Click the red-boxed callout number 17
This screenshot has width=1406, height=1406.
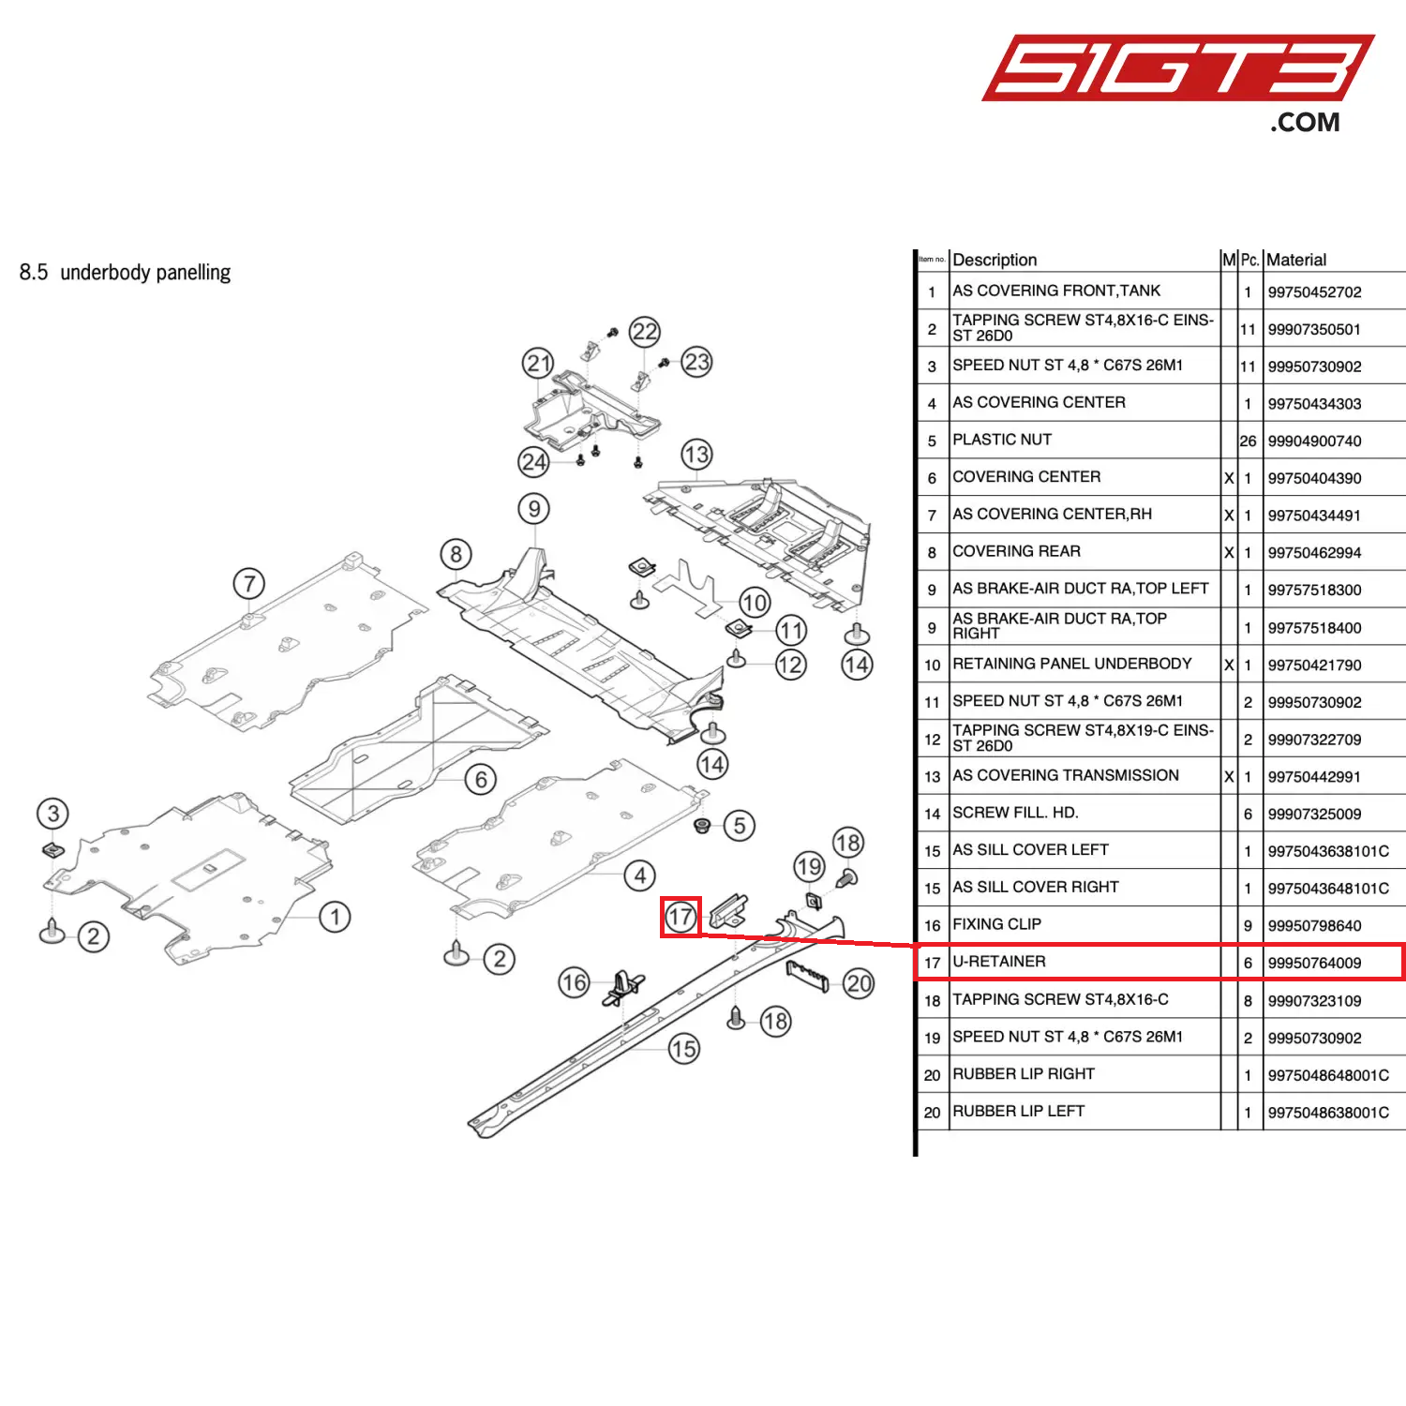pos(681,917)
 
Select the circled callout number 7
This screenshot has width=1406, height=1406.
pos(249,584)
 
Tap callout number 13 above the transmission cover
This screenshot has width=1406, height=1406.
pos(696,456)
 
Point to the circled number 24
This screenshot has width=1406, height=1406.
pos(534,461)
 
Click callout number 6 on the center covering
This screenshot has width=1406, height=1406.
pos(481,779)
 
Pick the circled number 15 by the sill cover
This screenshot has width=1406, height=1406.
pos(684,1049)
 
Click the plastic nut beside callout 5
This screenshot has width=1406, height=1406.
pos(702,825)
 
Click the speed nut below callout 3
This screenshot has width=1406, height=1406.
pos(52,850)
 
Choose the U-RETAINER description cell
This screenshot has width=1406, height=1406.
pos(999,962)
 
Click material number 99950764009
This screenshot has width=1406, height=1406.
pos(1314,963)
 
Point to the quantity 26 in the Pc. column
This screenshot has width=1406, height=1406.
pos(1248,441)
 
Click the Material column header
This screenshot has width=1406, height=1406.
pos(1296,260)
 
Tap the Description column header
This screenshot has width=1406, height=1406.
pos(995,260)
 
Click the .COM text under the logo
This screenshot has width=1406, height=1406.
pos(1305,123)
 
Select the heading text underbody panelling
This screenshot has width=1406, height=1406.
pos(145,273)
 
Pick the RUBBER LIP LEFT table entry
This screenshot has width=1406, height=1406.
pos(1018,1111)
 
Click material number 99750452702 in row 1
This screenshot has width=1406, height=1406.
pos(1314,292)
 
